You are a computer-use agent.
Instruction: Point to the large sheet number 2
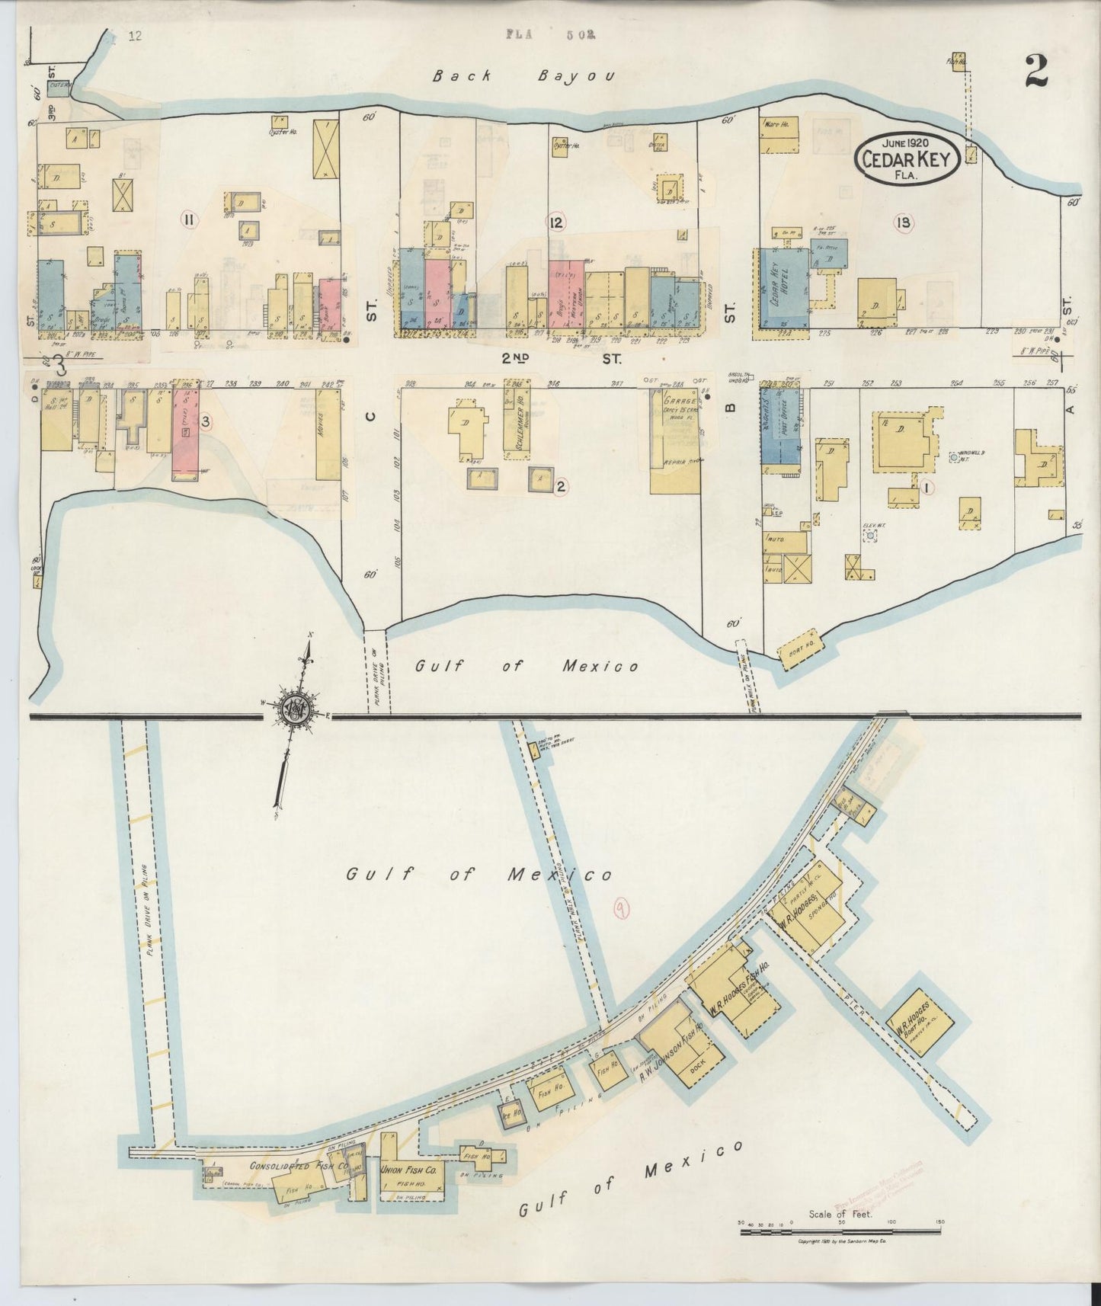1036,72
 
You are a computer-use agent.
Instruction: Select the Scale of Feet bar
840,1231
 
